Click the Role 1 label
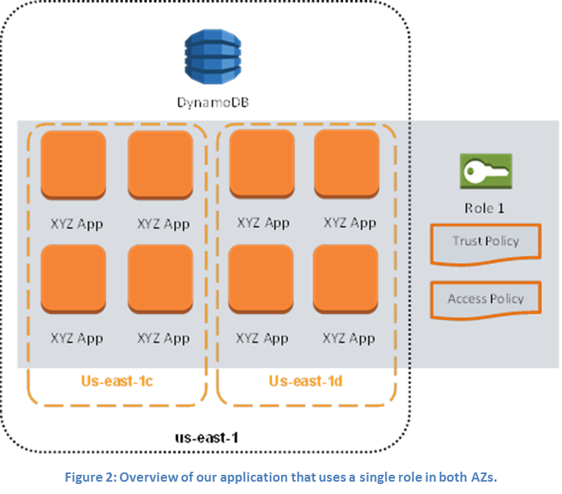click(486, 209)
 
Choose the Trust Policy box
click(486, 242)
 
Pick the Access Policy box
click(486, 299)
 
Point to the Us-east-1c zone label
click(117, 381)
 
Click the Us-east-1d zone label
click(306, 381)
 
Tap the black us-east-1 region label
click(207, 438)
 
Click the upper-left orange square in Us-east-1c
click(74, 164)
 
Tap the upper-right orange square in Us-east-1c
click(160, 164)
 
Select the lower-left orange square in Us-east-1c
click(74, 278)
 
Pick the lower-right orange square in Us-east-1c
click(160, 278)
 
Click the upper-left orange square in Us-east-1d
click(262, 163)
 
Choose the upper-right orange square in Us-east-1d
click(346, 163)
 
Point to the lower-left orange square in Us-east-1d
click(262, 278)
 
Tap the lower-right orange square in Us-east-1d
click(346, 278)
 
